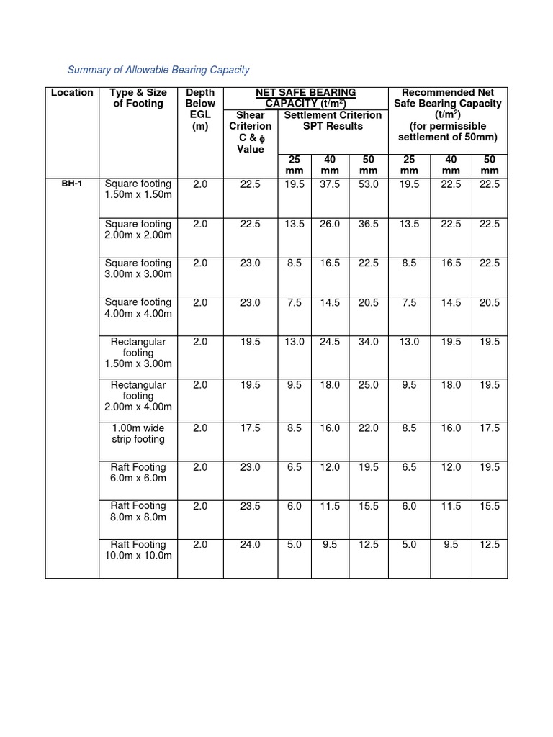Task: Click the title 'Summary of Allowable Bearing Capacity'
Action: coord(158,70)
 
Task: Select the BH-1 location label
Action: coord(72,184)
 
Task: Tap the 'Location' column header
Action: coord(72,92)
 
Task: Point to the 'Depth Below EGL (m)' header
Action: coord(200,109)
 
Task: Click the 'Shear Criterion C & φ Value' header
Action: coord(250,132)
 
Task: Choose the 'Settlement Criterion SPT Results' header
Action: coord(333,120)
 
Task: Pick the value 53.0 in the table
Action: coord(368,184)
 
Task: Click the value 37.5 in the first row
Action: coord(330,184)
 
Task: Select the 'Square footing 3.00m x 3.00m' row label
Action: coord(138,268)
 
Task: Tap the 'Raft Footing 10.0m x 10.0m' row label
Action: coord(138,550)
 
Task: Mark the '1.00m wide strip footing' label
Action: coord(138,433)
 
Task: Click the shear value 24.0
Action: coord(250,545)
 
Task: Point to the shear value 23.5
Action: coord(250,506)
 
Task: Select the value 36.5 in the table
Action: coord(368,224)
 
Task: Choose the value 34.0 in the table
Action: coord(368,342)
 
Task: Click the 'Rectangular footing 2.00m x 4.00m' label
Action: coord(138,396)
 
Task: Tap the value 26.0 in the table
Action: coord(330,224)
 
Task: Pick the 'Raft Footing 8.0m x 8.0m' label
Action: coord(138,511)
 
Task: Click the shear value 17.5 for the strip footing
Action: coord(250,428)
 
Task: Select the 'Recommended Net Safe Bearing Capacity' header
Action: coord(447,114)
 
